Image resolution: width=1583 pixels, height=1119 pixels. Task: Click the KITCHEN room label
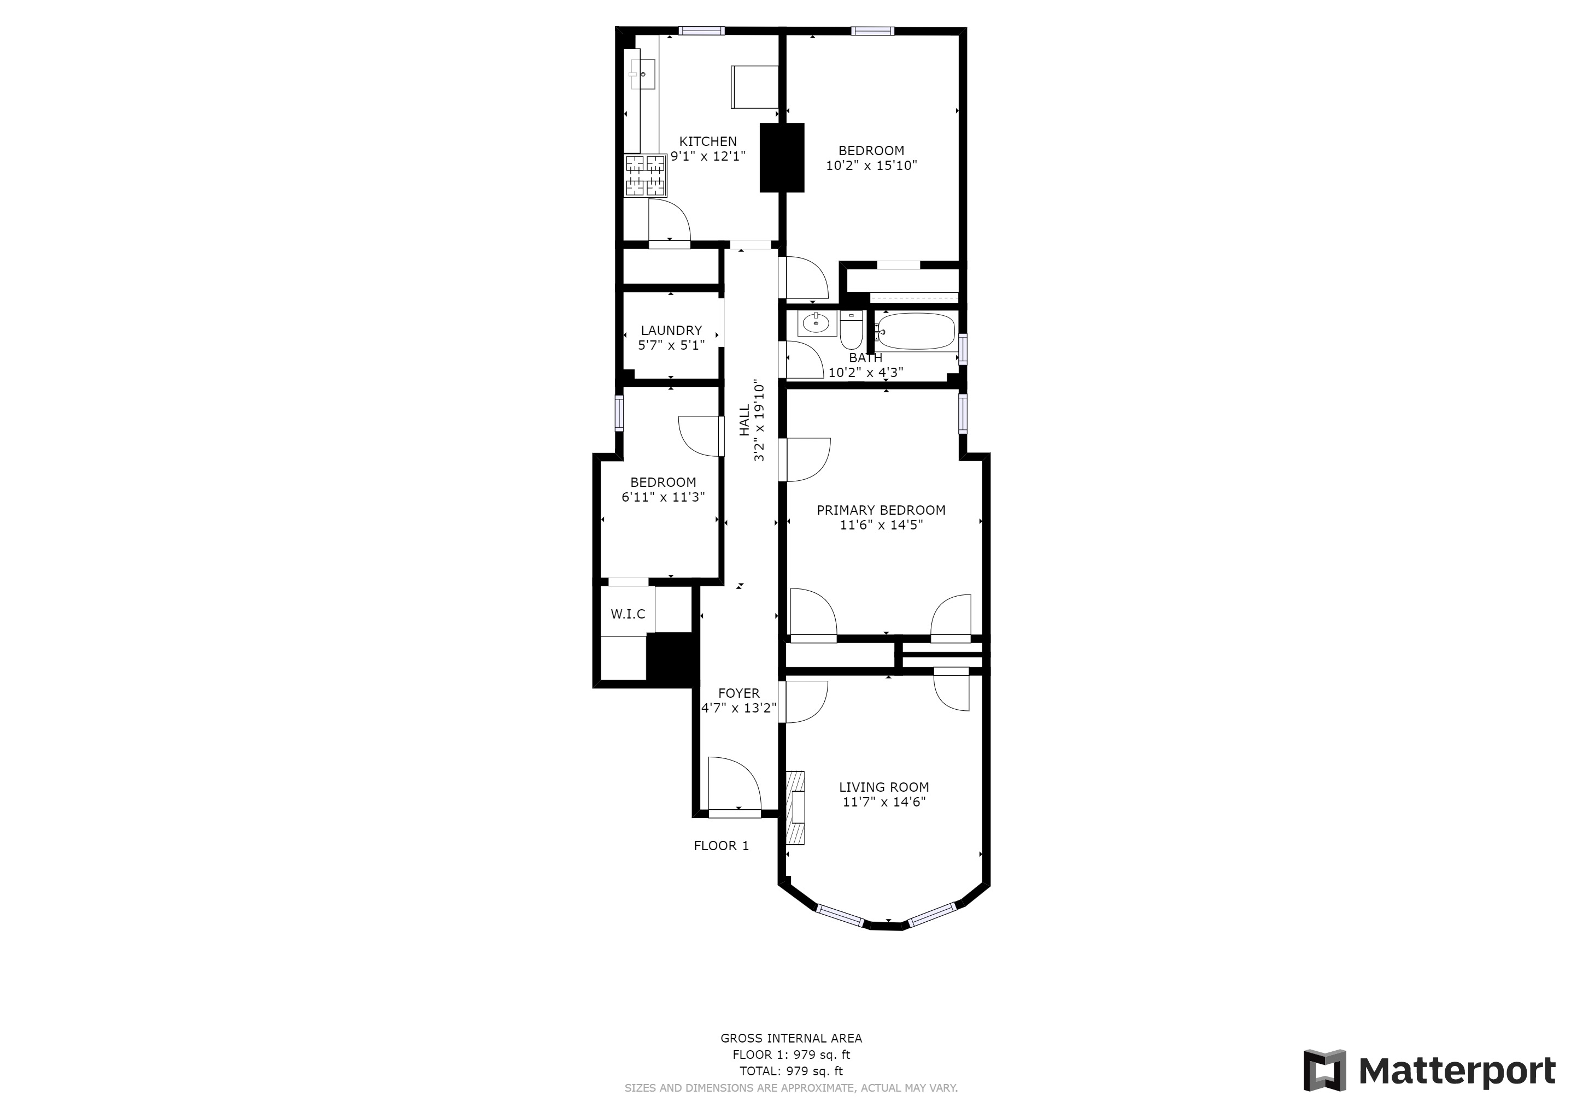point(708,142)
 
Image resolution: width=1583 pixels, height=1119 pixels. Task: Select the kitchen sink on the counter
point(161,74)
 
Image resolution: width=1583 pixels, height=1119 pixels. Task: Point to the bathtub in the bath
point(916,332)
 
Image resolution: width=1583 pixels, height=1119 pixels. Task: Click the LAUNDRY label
point(671,331)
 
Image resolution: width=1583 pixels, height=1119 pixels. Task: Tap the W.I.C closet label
point(628,614)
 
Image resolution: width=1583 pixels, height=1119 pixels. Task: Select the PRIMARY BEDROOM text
point(881,510)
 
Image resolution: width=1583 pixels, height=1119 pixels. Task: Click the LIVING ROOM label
point(884,787)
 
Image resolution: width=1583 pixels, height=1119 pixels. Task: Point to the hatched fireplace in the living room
point(796,808)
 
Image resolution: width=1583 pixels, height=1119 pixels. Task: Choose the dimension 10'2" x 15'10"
point(871,166)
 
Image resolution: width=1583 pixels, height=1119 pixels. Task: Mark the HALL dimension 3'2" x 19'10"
point(759,420)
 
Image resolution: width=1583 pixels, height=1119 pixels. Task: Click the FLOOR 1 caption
point(721,845)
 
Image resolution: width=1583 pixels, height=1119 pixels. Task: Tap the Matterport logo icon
point(1324,1070)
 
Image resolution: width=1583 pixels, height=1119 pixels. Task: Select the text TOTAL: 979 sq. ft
point(791,1071)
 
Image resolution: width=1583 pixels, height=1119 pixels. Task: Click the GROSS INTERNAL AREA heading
point(791,1038)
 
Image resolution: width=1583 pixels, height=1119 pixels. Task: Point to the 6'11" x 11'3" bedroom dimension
point(663,497)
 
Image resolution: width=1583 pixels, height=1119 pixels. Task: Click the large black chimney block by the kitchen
point(782,158)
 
